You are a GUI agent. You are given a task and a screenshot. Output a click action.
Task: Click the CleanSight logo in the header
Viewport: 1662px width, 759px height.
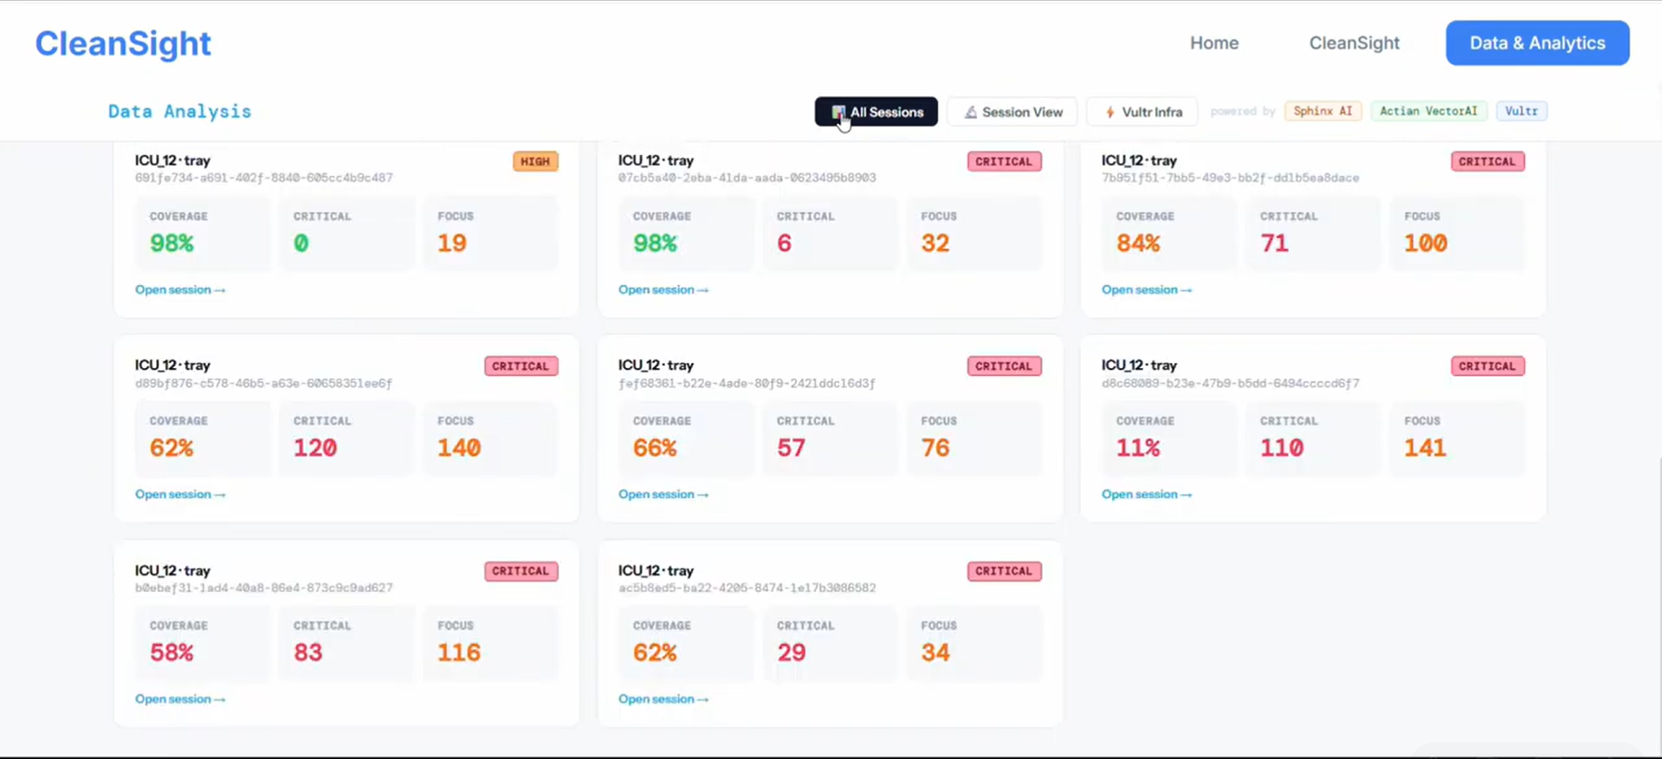[123, 43]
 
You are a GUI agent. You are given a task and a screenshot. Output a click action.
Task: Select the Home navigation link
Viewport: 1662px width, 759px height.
[1213, 43]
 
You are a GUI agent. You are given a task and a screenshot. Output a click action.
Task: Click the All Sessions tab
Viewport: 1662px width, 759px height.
[876, 112]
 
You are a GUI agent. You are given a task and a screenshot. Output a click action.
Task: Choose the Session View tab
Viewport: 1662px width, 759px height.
[1012, 112]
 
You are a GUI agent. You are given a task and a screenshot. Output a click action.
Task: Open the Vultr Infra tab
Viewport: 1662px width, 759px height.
[1142, 112]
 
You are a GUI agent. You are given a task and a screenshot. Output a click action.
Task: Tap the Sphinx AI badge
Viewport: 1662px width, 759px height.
[1322, 111]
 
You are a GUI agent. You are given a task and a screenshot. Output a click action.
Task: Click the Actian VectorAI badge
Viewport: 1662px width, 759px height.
[1428, 111]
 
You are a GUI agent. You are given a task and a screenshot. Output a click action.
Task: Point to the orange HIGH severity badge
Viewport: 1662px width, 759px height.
[535, 161]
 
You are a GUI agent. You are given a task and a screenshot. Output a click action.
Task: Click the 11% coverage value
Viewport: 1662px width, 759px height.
[1137, 448]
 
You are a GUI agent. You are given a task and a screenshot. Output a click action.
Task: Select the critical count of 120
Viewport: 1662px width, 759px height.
[315, 448]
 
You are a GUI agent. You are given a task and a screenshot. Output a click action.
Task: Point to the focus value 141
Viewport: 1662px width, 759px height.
[1425, 448]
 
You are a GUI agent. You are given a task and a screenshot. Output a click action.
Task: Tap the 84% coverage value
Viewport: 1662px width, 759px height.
[1137, 243]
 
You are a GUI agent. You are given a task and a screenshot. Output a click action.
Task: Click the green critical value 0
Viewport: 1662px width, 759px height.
[301, 243]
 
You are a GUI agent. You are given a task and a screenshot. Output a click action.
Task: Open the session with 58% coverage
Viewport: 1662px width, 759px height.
[179, 699]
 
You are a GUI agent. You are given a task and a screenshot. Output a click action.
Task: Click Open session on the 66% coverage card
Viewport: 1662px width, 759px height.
[663, 495]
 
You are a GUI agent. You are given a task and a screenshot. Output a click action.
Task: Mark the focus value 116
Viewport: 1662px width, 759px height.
[458, 652]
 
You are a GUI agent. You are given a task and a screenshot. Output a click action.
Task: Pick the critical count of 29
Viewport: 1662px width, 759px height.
[791, 652]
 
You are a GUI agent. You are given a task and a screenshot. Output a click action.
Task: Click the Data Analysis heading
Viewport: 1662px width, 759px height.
[179, 112]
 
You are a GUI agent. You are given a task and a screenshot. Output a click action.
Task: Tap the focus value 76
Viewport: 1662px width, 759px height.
[935, 448]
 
